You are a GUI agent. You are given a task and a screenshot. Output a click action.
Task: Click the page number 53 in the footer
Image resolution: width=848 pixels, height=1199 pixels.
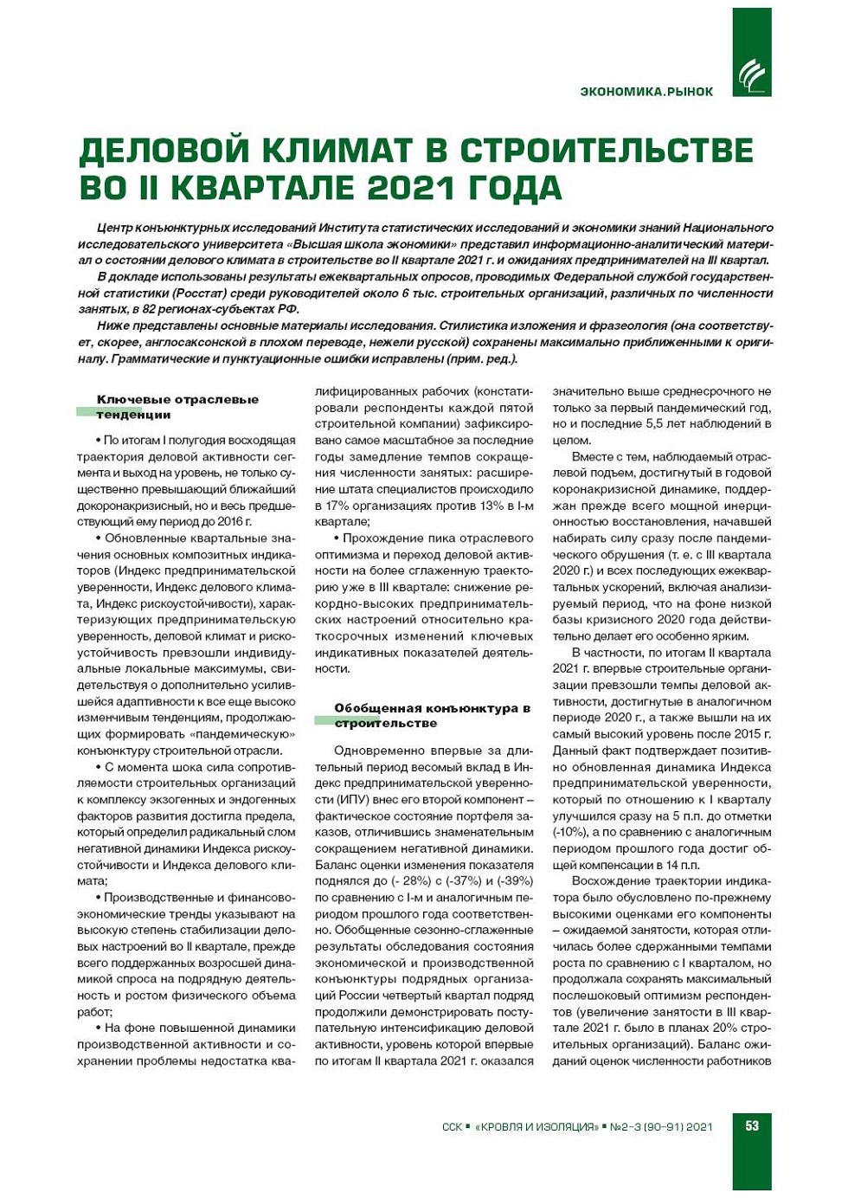pos(751,1125)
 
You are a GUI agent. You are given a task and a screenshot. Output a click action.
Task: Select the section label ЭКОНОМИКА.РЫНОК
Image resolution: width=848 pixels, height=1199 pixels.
pos(646,91)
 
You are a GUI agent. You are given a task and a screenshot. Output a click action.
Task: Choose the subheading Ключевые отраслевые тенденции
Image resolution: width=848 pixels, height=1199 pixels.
pos(177,407)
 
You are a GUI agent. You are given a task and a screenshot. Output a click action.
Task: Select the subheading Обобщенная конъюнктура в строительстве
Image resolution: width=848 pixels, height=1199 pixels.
pos(431,715)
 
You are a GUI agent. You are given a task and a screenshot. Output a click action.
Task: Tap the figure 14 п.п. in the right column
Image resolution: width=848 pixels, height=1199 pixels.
pos(683,865)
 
